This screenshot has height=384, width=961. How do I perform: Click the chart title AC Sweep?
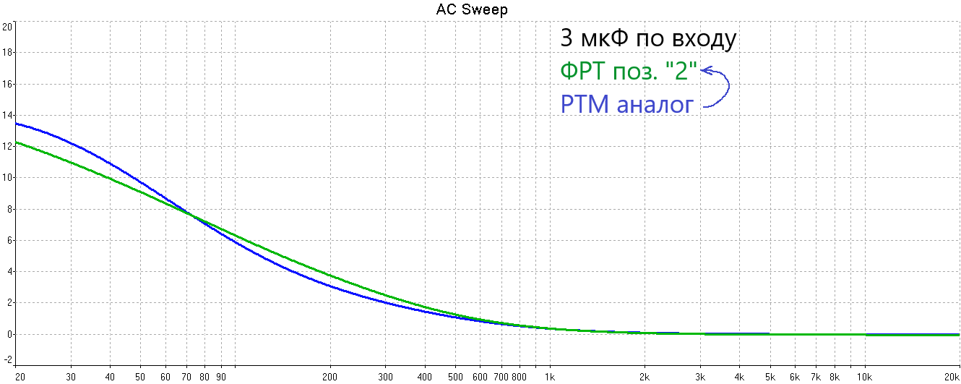tap(472, 9)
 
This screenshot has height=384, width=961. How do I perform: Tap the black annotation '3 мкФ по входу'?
tap(648, 39)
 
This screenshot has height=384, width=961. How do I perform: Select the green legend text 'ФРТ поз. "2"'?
tap(628, 72)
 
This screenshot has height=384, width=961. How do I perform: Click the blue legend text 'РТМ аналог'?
tap(627, 106)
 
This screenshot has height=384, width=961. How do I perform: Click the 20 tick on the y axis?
tap(8, 27)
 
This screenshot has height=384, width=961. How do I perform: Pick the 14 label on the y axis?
tap(8, 115)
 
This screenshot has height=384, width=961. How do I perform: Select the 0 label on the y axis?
tap(9, 334)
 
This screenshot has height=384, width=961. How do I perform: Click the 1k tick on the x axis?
tap(550, 377)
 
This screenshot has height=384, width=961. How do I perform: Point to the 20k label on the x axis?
tap(950, 377)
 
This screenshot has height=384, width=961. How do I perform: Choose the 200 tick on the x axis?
tap(330, 377)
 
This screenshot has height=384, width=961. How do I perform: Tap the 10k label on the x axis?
tap(863, 377)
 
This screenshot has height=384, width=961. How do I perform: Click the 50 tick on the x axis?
tap(139, 377)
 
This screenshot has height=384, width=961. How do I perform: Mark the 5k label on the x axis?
tap(770, 377)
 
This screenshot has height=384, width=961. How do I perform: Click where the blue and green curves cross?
tap(191, 214)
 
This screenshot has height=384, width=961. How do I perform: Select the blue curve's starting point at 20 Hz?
tap(17, 124)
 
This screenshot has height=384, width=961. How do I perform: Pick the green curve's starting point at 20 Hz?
tap(17, 142)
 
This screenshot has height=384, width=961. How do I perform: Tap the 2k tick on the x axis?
tap(644, 377)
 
